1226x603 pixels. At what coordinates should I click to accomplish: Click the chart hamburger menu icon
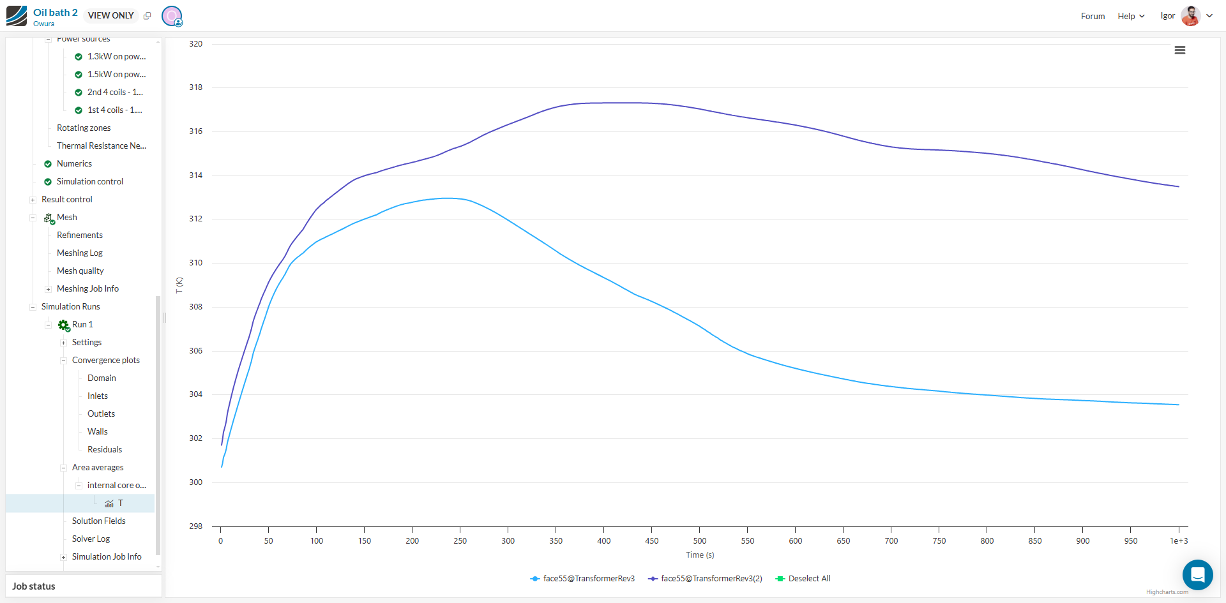pos(1179,50)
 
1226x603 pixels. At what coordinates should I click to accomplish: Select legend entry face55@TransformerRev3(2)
pos(711,579)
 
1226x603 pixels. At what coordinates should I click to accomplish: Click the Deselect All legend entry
pos(808,579)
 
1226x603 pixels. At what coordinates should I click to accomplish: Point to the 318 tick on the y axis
pos(195,87)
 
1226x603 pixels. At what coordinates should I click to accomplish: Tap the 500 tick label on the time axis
pos(700,541)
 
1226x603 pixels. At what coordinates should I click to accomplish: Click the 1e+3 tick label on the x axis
pos(1178,541)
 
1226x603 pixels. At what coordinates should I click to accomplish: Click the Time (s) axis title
pos(700,555)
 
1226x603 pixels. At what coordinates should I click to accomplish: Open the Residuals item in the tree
pos(105,450)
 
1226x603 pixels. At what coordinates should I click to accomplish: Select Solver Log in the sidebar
pos(91,539)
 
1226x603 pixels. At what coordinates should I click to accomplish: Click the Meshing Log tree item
pos(80,253)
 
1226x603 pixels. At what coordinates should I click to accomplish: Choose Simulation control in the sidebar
pos(90,182)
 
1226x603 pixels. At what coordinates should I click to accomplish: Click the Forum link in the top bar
pos(1093,16)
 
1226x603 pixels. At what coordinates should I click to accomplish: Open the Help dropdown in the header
pos(1131,16)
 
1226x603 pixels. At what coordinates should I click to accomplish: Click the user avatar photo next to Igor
pos(1190,16)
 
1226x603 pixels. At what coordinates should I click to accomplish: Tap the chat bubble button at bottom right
pos(1197,575)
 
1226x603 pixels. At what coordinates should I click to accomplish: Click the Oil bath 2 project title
pos(56,13)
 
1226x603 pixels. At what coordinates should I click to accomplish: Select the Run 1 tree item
pos(82,325)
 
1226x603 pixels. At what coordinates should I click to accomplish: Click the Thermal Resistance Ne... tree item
pos(102,146)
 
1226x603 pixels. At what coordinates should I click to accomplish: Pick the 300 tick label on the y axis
pos(195,482)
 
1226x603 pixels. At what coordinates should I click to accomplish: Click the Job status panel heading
pos(34,586)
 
